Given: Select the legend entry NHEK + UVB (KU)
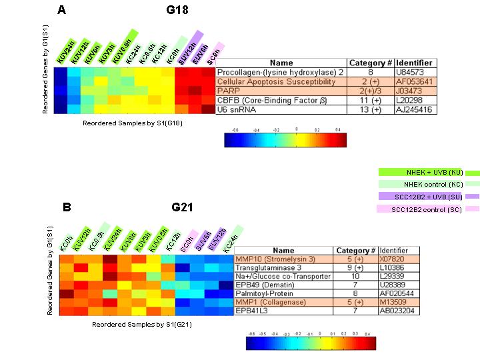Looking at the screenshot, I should click(419, 172).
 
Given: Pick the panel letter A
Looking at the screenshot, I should click(61, 10).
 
